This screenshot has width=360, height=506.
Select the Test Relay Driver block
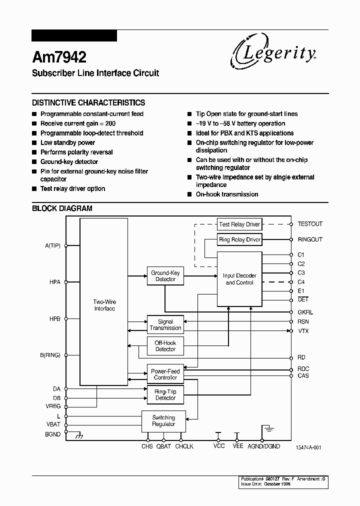[239, 224]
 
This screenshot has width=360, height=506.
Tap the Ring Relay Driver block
[239, 239]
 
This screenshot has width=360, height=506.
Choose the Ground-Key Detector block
[165, 276]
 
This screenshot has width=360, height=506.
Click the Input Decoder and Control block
[239, 279]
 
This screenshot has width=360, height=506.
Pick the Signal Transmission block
[165, 325]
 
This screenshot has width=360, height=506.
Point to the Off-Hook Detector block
[165, 345]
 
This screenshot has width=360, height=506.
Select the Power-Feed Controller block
[165, 374]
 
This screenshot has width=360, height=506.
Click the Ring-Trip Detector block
[165, 394]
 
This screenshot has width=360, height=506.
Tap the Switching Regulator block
[163, 420]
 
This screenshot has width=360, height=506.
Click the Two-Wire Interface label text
[104, 305]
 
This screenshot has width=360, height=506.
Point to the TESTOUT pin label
[310, 224]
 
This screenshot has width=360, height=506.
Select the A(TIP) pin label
[52, 245]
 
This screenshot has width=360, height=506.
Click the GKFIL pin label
[305, 312]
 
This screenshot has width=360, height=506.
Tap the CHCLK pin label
[184, 446]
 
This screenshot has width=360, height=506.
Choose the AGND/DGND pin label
[264, 446]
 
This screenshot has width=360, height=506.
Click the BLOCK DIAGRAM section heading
[62, 208]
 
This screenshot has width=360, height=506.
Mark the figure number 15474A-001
[308, 447]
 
